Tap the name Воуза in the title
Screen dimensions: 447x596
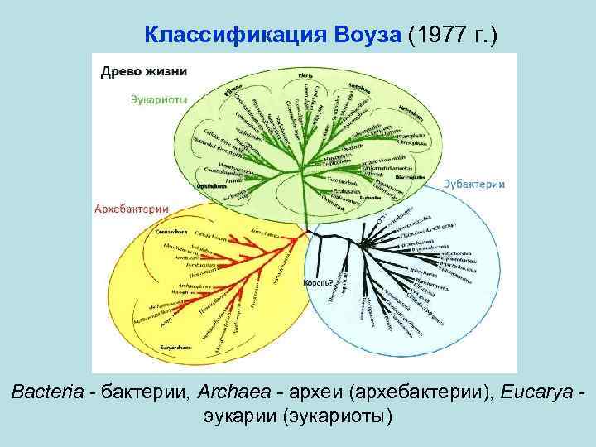(x=365, y=34)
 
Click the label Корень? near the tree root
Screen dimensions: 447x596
(x=319, y=282)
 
